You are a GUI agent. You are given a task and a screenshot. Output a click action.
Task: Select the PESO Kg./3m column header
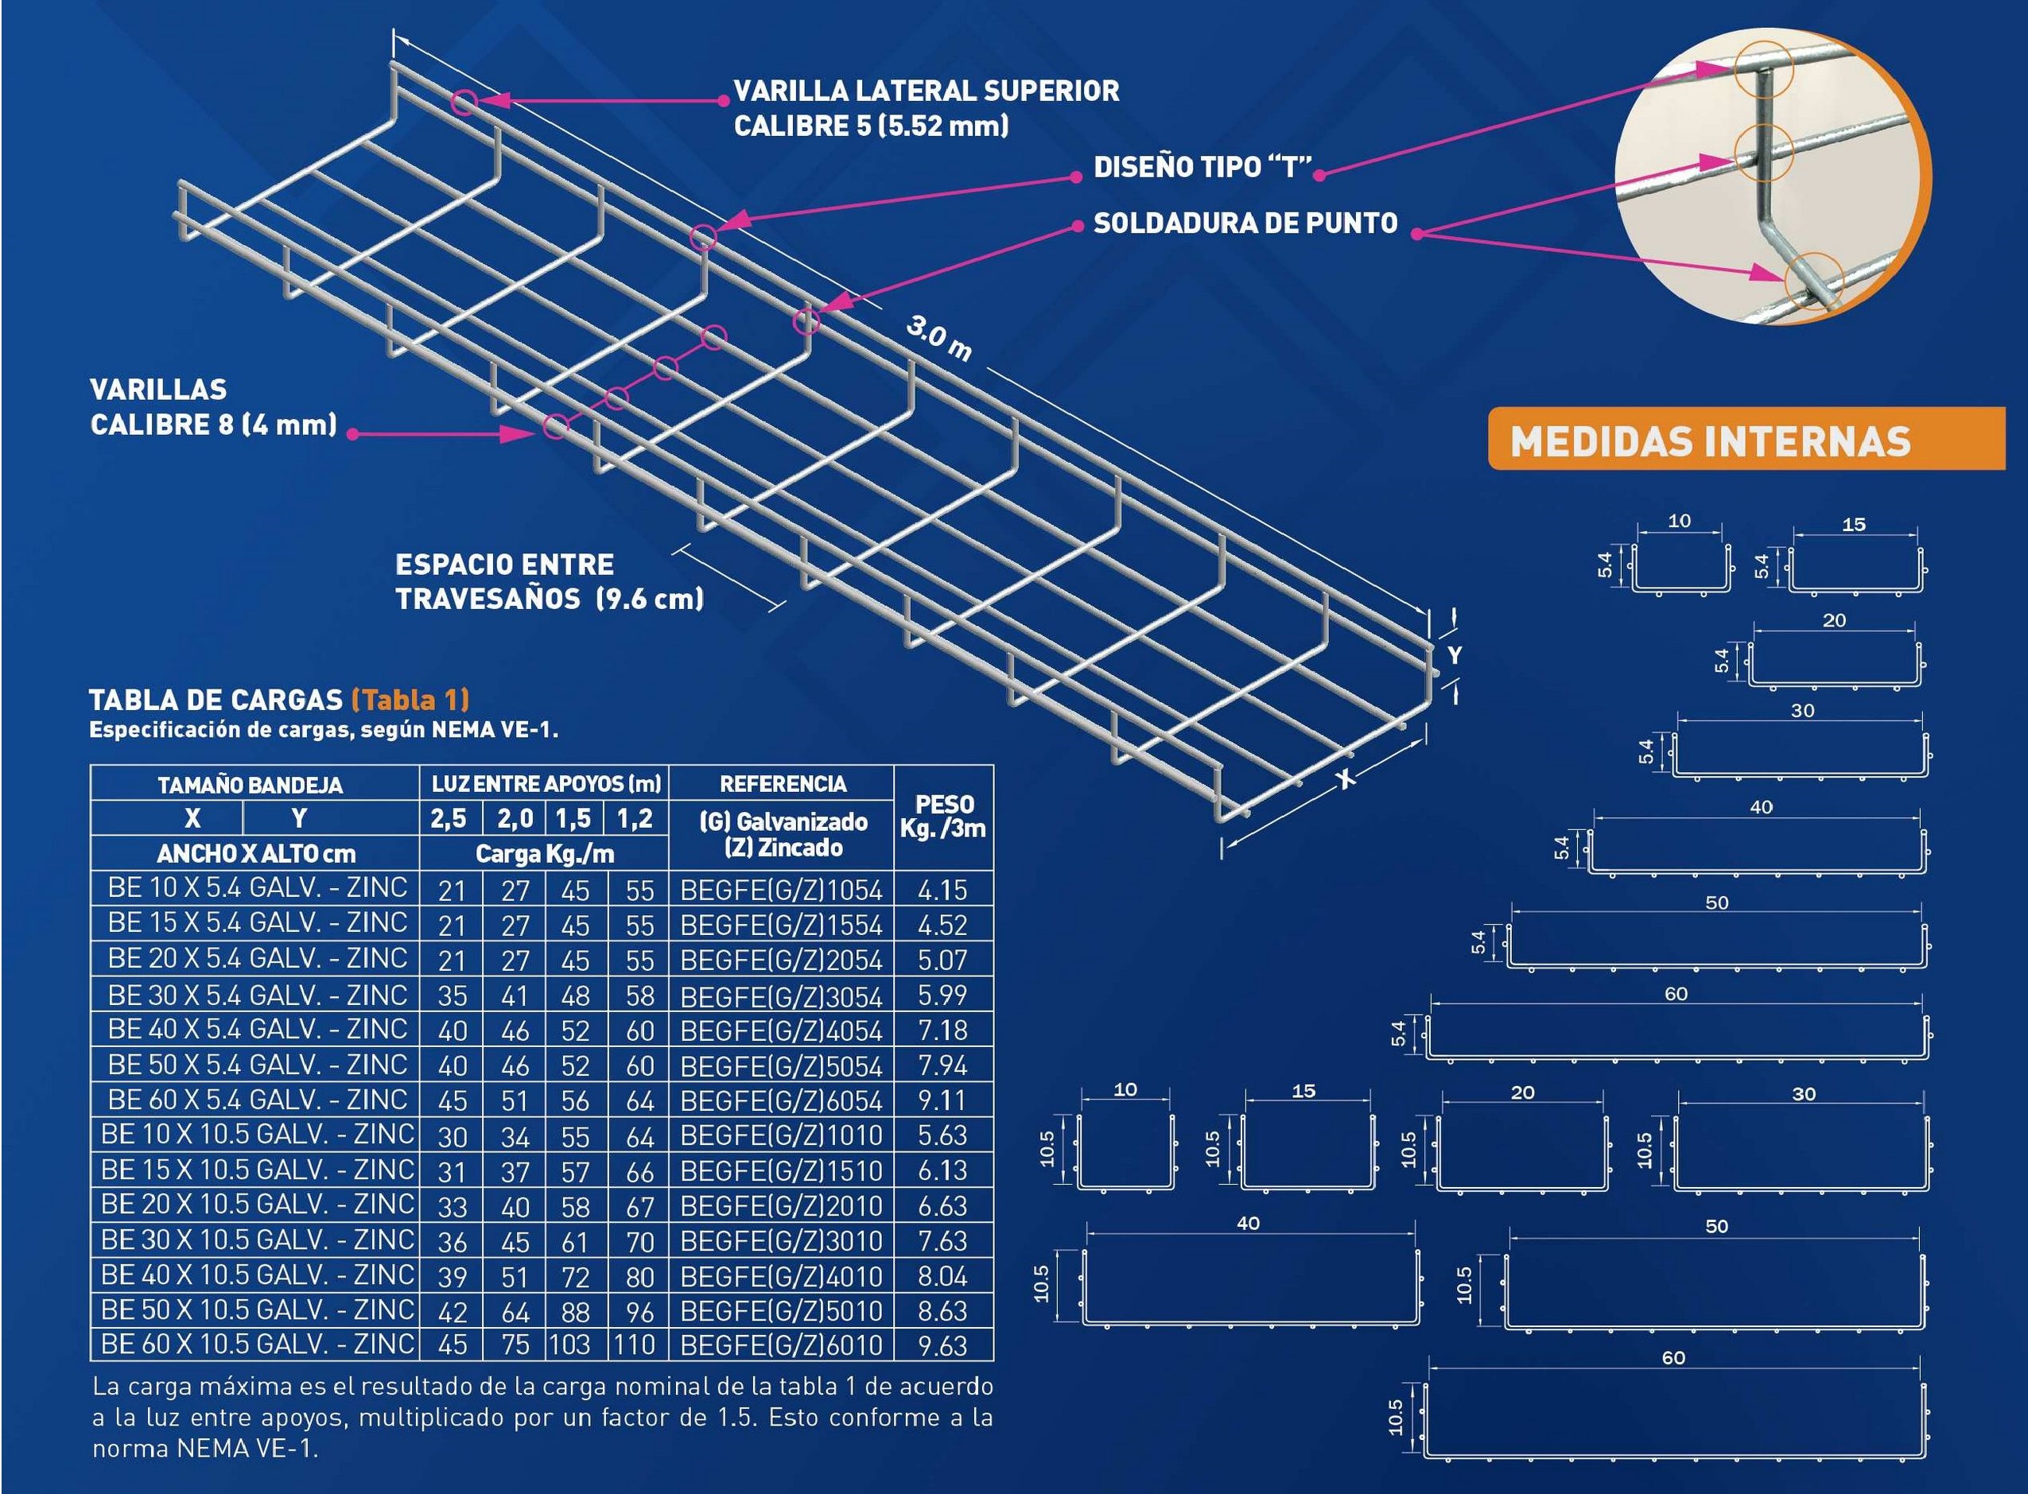[942, 817]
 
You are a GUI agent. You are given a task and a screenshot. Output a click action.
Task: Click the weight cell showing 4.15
[942, 890]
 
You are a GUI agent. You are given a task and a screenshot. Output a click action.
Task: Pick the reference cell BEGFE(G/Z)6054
[781, 1100]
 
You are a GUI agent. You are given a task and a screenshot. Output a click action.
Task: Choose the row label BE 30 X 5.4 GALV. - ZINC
[257, 995]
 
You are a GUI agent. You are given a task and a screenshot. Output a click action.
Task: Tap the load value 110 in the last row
[634, 1345]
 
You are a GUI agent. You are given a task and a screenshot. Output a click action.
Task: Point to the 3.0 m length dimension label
[939, 340]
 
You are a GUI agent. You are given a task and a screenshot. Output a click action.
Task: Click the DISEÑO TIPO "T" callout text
[1202, 167]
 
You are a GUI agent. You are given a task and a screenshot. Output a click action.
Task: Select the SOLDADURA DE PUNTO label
[1245, 223]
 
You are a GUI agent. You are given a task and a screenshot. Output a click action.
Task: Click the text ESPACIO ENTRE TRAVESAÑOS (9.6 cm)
[548, 581]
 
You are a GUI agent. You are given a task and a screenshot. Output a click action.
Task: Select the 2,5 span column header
[449, 818]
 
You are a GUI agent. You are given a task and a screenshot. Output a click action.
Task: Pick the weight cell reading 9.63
[942, 1345]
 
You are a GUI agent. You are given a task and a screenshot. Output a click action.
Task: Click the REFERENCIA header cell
[783, 783]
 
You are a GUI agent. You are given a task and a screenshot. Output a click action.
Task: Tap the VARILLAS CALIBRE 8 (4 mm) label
[213, 407]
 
